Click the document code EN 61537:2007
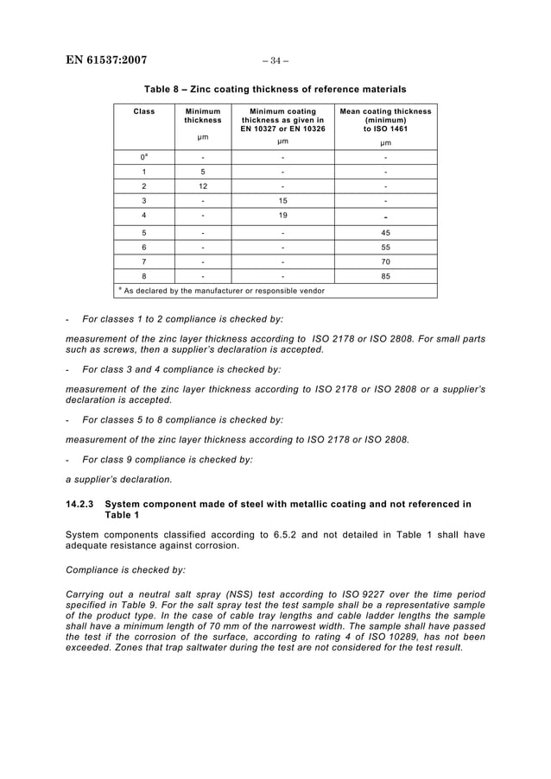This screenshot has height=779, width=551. click(106, 60)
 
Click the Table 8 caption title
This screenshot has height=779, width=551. click(275, 89)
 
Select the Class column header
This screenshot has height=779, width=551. click(144, 111)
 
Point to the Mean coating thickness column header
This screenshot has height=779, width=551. click(385, 120)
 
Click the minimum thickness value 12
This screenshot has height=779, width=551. click(203, 185)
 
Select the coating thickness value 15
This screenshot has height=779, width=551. click(282, 200)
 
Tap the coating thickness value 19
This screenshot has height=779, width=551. click(282, 215)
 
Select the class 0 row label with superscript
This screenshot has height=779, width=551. click(144, 157)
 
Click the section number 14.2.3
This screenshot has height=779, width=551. click(81, 503)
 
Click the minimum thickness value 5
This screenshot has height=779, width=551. click(203, 172)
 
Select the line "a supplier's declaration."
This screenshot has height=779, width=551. click(119, 480)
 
